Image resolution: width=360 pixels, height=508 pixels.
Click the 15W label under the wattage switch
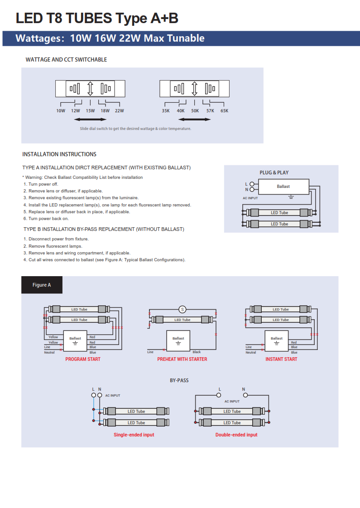(x=90, y=111)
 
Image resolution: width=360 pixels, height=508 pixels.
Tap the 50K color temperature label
(x=195, y=111)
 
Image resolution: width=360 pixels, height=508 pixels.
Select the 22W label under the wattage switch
(x=119, y=111)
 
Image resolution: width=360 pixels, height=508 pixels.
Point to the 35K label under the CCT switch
(x=166, y=111)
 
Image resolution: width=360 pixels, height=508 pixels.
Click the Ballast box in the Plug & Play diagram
(x=283, y=187)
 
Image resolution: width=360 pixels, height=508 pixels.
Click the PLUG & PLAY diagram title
(x=274, y=173)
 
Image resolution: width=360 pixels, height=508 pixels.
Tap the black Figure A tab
(x=42, y=285)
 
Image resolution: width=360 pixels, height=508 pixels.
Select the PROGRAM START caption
(x=83, y=359)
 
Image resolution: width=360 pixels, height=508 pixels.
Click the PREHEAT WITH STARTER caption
(x=182, y=359)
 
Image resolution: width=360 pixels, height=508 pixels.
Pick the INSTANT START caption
(x=281, y=359)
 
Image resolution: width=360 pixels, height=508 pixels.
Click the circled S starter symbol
(x=182, y=309)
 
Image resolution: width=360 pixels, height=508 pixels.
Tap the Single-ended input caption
(x=134, y=435)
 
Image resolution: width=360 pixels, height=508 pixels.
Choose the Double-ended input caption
(x=236, y=435)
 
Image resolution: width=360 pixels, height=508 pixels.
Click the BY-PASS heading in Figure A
(x=179, y=380)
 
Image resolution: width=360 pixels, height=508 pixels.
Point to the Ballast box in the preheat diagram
(x=178, y=341)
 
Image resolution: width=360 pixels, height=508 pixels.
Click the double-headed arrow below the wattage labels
(x=90, y=120)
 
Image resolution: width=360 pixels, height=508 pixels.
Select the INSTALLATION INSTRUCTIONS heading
(x=59, y=154)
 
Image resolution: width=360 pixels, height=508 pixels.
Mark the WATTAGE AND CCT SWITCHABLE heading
(x=66, y=60)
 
